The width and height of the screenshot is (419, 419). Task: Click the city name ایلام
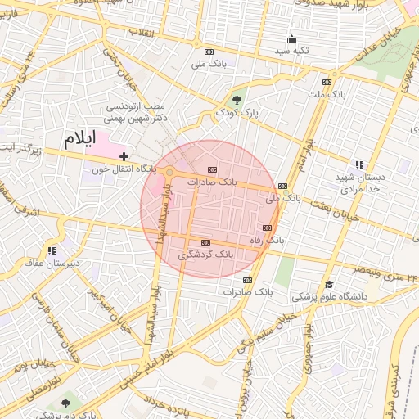80,139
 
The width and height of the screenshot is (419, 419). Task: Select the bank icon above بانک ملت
327,82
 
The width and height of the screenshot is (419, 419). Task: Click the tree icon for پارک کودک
238,99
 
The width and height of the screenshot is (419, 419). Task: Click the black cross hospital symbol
123,156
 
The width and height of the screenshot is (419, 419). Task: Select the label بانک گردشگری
205,255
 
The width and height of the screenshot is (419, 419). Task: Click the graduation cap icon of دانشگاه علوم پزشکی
329,284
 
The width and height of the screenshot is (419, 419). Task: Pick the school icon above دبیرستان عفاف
52,250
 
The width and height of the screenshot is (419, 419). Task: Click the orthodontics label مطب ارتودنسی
136,106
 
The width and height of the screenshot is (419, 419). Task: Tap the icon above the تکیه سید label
291,38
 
